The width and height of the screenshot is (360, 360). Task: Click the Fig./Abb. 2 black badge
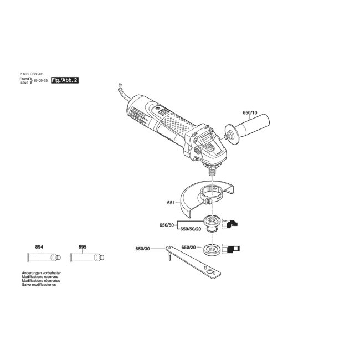coord(65,80)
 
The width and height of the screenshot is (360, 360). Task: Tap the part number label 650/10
coord(250,113)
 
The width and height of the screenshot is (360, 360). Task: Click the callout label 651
coord(171,203)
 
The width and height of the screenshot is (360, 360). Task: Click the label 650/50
coord(167,225)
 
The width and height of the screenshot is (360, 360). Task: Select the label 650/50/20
coord(191,229)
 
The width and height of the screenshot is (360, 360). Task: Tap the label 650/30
coord(142,249)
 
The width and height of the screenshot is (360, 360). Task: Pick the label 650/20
coord(188,248)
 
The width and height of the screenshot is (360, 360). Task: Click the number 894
coord(39,247)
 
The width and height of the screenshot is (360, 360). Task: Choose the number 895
coord(83,247)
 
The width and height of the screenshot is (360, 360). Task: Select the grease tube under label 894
coord(44,257)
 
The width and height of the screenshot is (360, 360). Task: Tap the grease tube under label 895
coord(87,257)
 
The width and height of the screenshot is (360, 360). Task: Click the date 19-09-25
coord(40,81)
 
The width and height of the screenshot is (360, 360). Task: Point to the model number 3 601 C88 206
coord(32,74)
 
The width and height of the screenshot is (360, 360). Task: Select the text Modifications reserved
coord(40,277)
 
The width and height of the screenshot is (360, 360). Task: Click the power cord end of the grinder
coord(120,86)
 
